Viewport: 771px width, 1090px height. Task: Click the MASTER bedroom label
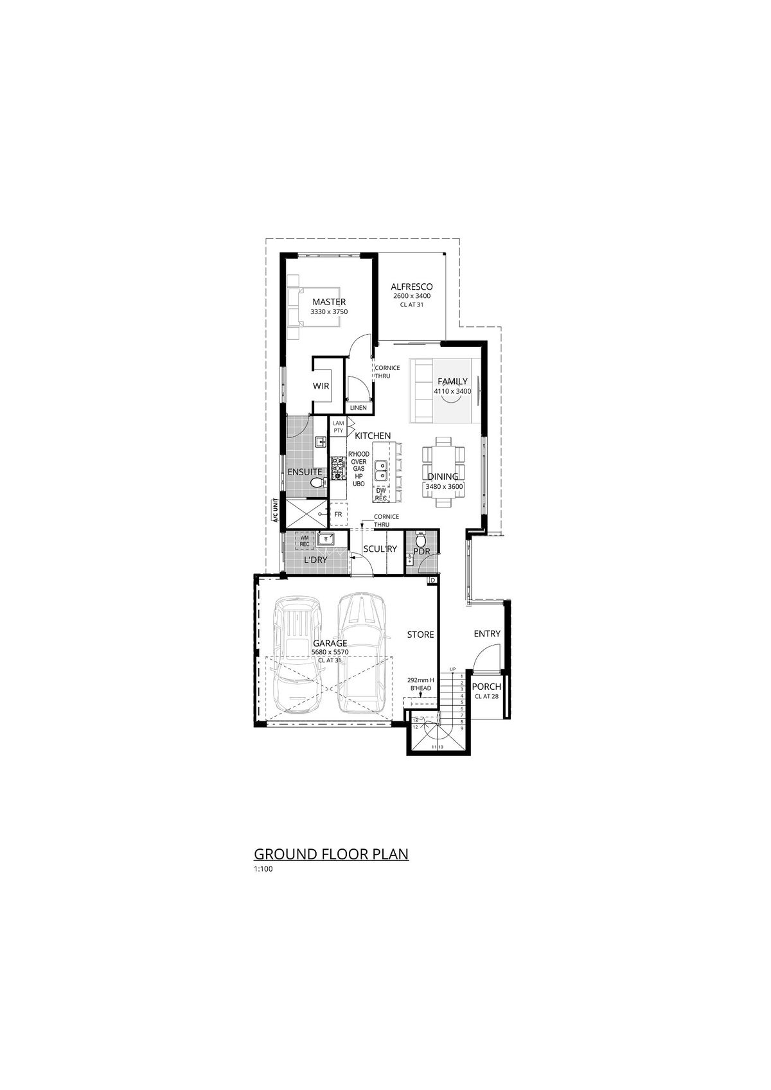pos(329,302)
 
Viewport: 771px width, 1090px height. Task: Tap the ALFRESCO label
pos(412,286)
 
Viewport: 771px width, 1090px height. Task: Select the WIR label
pos(321,387)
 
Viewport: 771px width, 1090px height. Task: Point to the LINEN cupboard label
pos(358,408)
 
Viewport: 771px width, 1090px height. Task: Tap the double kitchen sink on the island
pos(380,471)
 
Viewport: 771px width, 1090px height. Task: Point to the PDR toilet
pos(421,538)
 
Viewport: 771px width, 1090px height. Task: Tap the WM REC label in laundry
pos(305,541)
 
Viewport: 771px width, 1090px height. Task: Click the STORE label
pos(420,635)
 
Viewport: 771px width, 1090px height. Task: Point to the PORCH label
pos(486,687)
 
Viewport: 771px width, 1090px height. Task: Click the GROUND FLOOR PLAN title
pos(332,854)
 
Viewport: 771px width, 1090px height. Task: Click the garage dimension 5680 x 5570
pos(330,652)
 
